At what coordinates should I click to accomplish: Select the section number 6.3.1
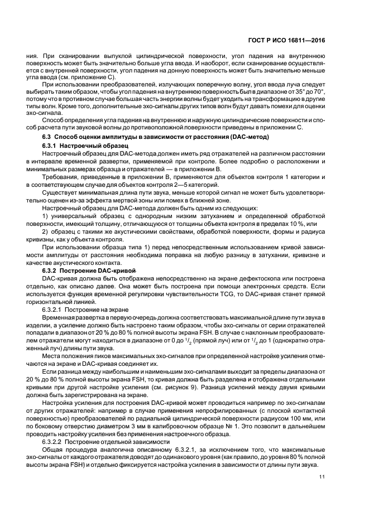pyautogui.click(x=51, y=144)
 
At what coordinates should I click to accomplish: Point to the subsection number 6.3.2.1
pyautogui.click(x=54, y=308)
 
